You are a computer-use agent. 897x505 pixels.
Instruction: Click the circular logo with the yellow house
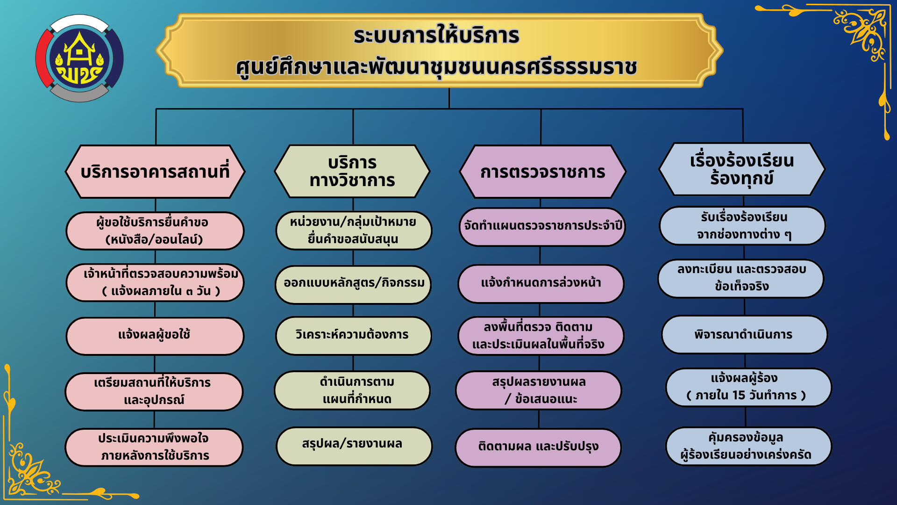[79, 58]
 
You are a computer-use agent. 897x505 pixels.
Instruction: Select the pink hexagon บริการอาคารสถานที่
[155, 172]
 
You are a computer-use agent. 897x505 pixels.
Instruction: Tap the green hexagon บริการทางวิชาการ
[352, 172]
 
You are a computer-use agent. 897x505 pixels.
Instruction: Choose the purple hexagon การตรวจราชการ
[542, 172]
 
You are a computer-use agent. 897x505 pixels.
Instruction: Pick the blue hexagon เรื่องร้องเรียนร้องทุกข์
[742, 169]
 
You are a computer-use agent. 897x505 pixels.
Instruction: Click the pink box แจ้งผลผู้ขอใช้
[155, 336]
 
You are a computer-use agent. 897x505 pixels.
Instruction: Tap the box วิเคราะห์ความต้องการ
[353, 335]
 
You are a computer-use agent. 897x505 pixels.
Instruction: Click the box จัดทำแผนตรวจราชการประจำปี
[542, 227]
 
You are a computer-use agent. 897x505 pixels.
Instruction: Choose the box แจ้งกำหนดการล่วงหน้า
[541, 283]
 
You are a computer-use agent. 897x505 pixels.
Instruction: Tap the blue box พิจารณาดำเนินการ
[744, 335]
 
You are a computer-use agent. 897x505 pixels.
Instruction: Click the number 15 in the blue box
[739, 396]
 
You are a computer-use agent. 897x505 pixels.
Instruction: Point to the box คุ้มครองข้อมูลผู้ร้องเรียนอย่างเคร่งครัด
[748, 446]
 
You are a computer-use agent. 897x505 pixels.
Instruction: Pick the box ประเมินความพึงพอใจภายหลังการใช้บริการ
[154, 447]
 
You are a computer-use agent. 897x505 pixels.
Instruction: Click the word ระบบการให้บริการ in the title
[436, 36]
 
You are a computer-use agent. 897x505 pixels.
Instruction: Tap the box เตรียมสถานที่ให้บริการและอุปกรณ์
[154, 392]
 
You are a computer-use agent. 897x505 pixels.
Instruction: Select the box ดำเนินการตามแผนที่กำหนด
[352, 390]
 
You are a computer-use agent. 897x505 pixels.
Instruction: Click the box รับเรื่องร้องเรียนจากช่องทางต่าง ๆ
[742, 226]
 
